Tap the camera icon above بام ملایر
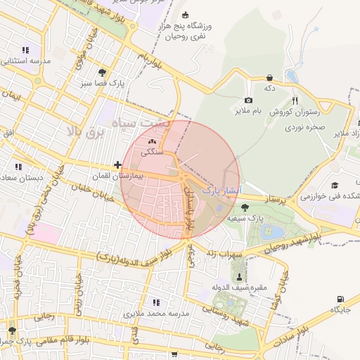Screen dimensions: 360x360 tap(248, 101)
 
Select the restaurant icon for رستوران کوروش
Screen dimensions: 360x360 tap(295, 101)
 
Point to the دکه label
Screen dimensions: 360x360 tap(269, 89)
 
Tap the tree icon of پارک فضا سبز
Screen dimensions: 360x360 tap(103, 72)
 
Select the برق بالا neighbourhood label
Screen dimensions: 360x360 tap(84, 131)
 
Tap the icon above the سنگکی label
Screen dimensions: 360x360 tap(152, 141)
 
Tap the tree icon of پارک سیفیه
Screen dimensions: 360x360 tap(245, 207)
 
